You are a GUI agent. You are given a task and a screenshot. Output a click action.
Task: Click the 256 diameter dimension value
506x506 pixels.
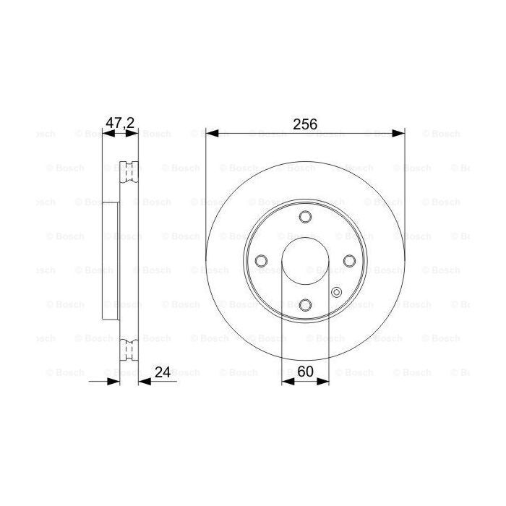[x=305, y=124]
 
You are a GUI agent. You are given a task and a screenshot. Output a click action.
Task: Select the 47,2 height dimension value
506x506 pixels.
[x=120, y=124]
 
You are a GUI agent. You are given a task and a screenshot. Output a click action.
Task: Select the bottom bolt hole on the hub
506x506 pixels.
[x=305, y=305]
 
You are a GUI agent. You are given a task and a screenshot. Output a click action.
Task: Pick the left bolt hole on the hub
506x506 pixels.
[x=260, y=261]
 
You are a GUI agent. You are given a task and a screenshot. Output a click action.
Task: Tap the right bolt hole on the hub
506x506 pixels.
[x=349, y=261]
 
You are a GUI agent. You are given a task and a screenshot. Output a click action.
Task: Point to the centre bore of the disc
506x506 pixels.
[x=305, y=261]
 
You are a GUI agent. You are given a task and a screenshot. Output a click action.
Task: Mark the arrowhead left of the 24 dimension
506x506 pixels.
[x=113, y=381]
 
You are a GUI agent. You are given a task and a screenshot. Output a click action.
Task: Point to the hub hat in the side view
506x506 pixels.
[x=111, y=261]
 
